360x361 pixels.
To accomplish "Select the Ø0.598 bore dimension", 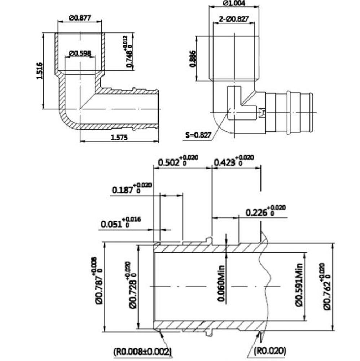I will tap(80, 53).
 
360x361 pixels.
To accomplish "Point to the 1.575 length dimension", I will tap(118, 137).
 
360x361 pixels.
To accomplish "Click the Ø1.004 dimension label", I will tap(234, 4).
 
